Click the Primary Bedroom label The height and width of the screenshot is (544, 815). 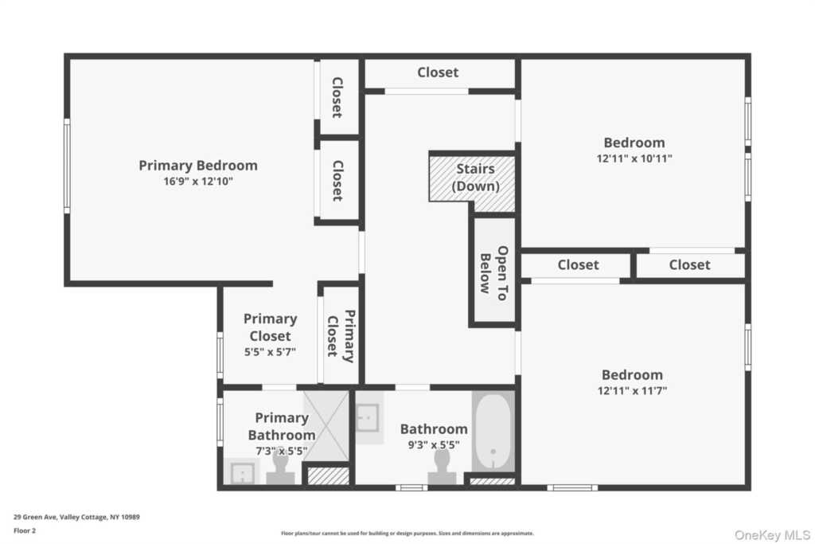point(198,166)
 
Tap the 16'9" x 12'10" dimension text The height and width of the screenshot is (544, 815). point(198,181)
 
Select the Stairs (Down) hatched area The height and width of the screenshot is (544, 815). point(472,182)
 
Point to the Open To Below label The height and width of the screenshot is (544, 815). point(493,273)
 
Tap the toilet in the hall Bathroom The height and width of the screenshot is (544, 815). point(442,467)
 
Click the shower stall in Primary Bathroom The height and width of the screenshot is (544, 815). point(326,425)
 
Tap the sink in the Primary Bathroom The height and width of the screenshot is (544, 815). point(242,472)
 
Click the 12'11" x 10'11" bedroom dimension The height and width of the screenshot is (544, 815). point(634,159)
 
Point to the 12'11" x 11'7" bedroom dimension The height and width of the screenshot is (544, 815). point(632,390)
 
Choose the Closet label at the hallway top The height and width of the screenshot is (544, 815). point(438,72)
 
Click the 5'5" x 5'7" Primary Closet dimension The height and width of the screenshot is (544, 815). point(270,352)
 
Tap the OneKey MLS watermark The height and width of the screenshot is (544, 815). point(772,534)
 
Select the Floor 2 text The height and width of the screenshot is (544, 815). point(25,530)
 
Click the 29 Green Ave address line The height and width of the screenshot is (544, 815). point(76,517)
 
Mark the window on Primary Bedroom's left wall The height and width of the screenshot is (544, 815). point(67,166)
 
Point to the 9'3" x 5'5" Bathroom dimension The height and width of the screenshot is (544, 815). point(434,444)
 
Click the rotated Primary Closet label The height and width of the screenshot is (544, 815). point(341,336)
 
